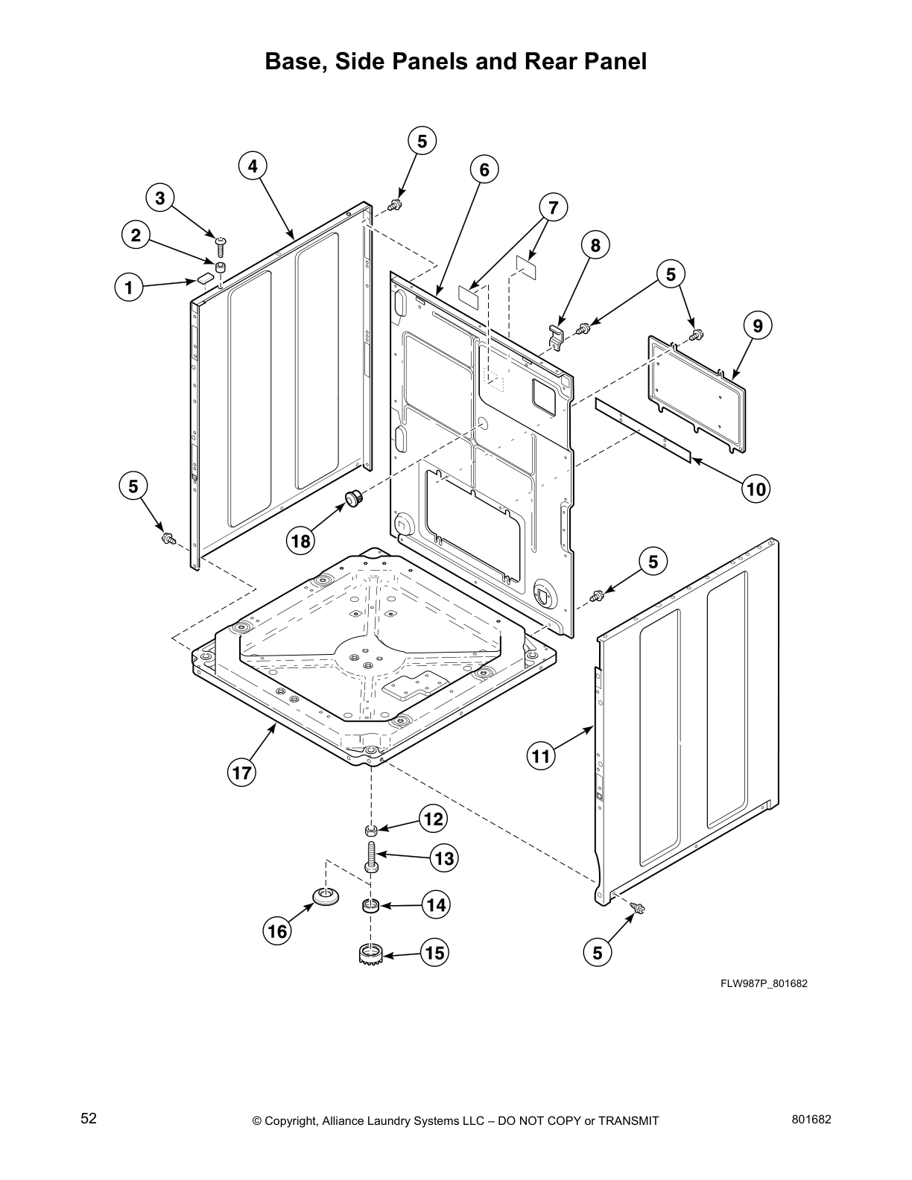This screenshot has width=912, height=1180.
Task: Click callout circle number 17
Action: (x=242, y=773)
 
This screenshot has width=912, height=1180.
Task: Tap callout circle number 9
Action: (x=757, y=326)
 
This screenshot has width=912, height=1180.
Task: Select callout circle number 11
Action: (x=540, y=757)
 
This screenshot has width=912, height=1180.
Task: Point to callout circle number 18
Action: (x=300, y=541)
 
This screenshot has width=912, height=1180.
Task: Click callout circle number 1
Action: (x=129, y=287)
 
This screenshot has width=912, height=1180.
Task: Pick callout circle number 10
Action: (x=756, y=489)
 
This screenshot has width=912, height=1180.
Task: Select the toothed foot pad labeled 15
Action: (x=370, y=953)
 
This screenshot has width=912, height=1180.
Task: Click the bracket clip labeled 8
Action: (x=554, y=334)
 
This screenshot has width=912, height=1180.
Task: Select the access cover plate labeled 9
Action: (x=697, y=395)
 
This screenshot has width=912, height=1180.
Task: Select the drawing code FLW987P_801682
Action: (x=764, y=983)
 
